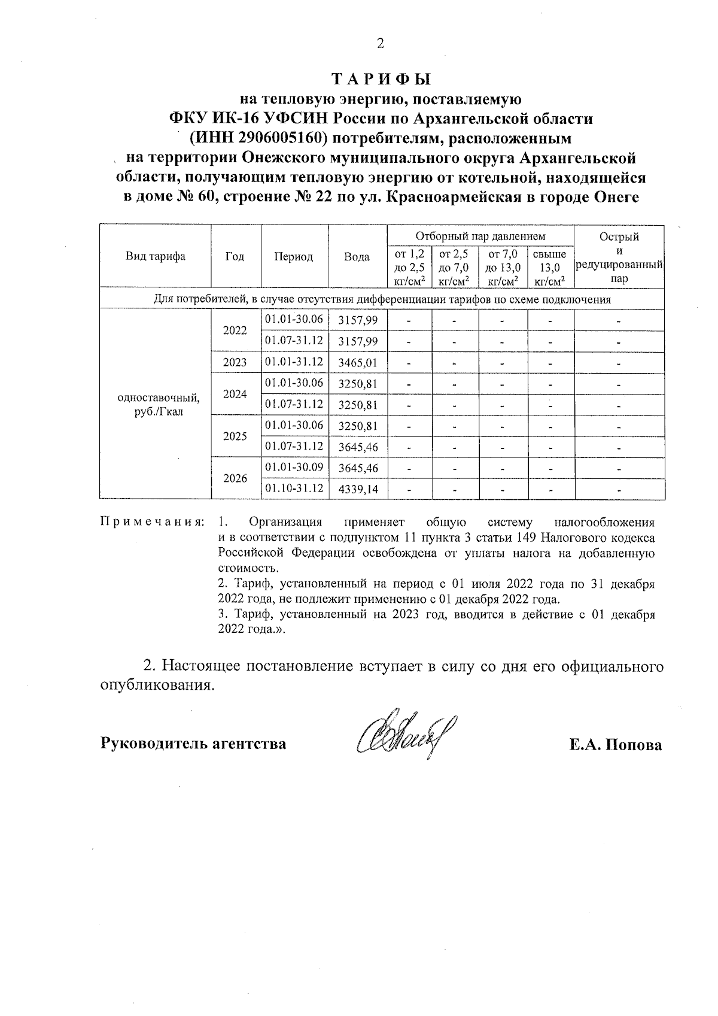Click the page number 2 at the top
coord(381,43)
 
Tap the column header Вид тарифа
coord(155,256)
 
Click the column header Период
coord(293,256)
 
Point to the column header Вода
coord(357,256)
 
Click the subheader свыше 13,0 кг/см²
coord(549,267)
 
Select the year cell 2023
coord(235,362)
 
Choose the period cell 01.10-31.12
coord(294,488)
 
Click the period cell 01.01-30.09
coord(294,467)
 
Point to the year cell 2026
coord(235,478)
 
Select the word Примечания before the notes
coord(152,521)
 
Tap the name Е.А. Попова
coord(616,745)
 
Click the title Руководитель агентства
coord(192,744)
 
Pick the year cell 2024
coord(235,394)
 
